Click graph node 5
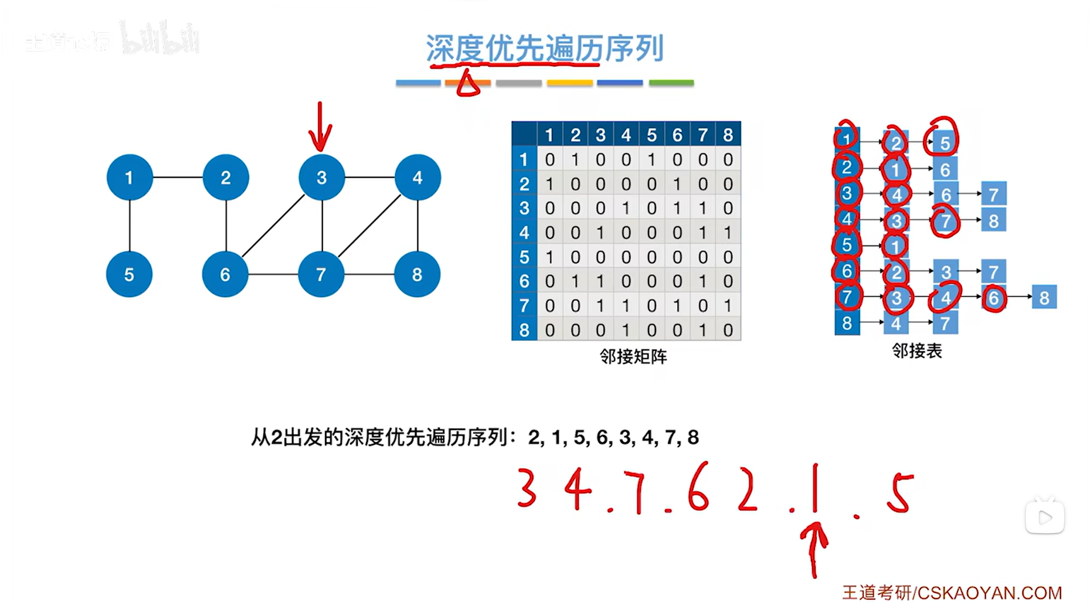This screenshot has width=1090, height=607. pyautogui.click(x=129, y=274)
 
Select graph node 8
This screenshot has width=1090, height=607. pyautogui.click(x=417, y=274)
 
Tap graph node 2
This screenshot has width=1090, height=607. pyautogui.click(x=226, y=178)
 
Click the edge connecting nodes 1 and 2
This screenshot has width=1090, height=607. pyautogui.click(x=178, y=178)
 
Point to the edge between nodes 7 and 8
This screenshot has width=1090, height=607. pyautogui.click(x=369, y=274)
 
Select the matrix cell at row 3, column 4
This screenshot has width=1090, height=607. pyautogui.click(x=626, y=208)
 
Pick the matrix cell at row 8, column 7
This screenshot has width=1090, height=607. pyautogui.click(x=703, y=330)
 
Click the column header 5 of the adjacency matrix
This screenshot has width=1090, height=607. pyautogui.click(x=651, y=135)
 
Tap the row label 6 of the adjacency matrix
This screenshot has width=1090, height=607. pyautogui.click(x=524, y=281)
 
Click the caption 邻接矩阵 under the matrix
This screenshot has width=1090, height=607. pyautogui.click(x=633, y=357)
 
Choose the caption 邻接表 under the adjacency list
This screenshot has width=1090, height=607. pyautogui.click(x=917, y=351)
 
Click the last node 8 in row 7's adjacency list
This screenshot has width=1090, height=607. pyautogui.click(x=1044, y=297)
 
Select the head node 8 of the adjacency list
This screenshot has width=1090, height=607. pyautogui.click(x=847, y=323)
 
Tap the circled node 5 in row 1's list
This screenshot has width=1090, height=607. pyautogui.click(x=945, y=143)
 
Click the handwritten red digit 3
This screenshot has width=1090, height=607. pyautogui.click(x=527, y=488)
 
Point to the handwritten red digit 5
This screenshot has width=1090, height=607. pyautogui.click(x=900, y=494)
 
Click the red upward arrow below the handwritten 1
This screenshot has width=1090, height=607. pyautogui.click(x=814, y=549)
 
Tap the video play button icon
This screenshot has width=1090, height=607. pyautogui.click(x=1044, y=518)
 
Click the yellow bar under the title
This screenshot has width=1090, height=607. pyautogui.click(x=569, y=83)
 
